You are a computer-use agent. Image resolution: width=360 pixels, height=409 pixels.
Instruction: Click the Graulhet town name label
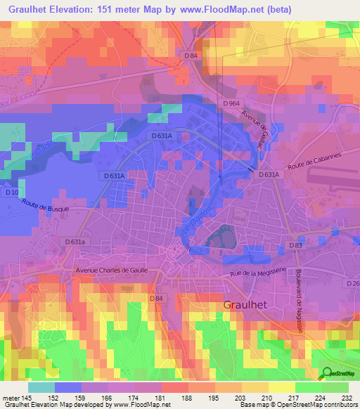(247, 305)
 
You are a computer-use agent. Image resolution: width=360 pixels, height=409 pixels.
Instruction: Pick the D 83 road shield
(296, 245)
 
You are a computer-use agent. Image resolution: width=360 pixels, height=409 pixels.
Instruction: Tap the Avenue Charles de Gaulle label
(112, 270)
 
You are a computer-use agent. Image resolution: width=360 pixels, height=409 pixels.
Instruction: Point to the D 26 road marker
(352, 283)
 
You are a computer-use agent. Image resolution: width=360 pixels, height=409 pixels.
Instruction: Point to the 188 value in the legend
(188, 397)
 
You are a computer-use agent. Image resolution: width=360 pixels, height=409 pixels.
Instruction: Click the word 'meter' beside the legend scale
(10, 397)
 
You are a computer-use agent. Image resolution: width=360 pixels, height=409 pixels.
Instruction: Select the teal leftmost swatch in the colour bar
(41, 387)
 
